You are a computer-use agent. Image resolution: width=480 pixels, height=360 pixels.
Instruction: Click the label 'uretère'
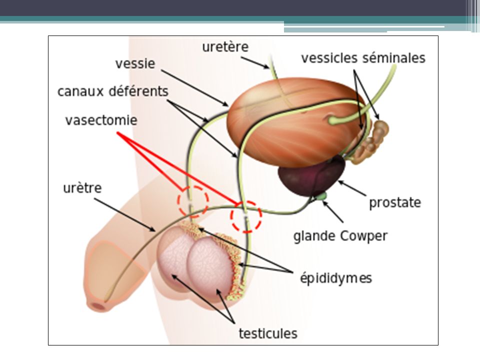point(225,47)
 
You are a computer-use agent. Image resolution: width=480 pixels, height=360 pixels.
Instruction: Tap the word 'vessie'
point(135,63)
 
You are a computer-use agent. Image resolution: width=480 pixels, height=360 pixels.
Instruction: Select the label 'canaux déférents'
point(113,91)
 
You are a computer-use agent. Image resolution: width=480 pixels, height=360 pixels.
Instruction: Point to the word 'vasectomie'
point(101,120)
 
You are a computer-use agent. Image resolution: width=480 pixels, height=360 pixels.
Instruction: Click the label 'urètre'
point(82,187)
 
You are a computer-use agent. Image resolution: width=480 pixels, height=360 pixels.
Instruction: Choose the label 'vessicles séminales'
point(363,58)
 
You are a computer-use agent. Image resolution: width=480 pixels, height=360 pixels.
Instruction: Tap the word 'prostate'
point(395,202)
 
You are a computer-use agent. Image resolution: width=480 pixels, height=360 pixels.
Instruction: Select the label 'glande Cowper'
point(340,236)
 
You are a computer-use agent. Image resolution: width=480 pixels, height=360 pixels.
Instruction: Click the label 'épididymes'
point(336,278)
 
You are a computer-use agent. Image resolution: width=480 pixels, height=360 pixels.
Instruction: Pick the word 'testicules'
point(268,333)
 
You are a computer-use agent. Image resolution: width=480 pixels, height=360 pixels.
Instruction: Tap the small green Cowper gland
point(322,195)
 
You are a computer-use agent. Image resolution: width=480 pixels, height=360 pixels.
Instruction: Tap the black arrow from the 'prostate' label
point(352,188)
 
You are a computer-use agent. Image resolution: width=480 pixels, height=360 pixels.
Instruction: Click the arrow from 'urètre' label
point(124,215)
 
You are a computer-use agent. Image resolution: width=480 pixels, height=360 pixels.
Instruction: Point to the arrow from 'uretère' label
point(254,63)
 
